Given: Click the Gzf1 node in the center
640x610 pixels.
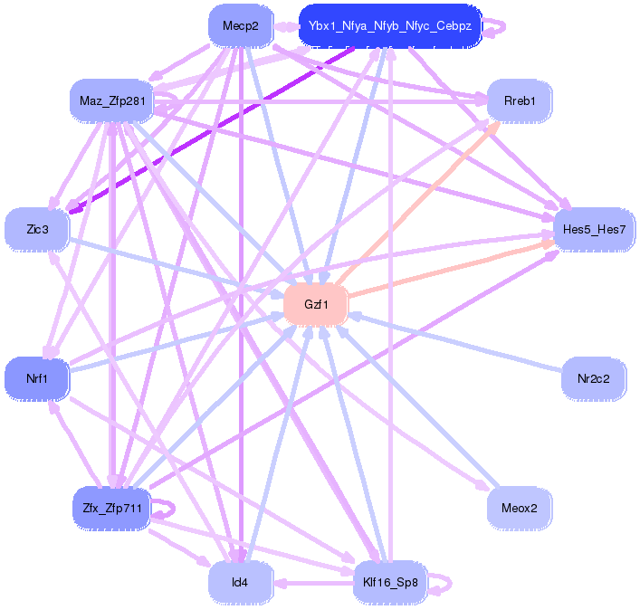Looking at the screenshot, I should click(x=316, y=305).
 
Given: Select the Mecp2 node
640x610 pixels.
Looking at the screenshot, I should click(x=241, y=26).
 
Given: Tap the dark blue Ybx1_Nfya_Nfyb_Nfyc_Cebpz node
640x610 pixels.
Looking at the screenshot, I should click(x=390, y=26).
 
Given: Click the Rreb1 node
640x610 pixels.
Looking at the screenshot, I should click(x=520, y=100).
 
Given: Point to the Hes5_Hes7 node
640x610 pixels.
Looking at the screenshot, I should click(x=594, y=230).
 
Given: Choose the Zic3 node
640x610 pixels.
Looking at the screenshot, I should click(x=37, y=230).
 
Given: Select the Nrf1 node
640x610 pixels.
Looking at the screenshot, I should click(x=37, y=378).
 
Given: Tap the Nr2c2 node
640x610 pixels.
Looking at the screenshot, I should click(x=594, y=378).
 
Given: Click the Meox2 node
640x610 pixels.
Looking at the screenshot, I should click(x=520, y=508).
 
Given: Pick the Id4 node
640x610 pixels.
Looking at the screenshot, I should click(x=240, y=582).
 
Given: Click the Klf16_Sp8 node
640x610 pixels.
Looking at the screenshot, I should click(x=389, y=582).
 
